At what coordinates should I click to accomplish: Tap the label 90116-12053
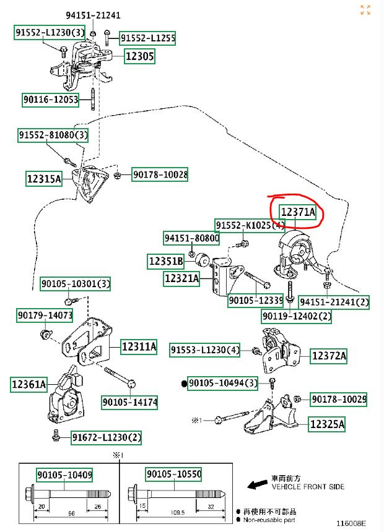pos(51,100)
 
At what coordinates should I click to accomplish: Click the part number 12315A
pos(44,179)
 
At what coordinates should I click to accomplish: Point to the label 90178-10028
pos(159,175)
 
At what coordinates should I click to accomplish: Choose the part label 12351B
pos(165,261)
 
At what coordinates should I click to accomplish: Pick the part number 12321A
pos(181,279)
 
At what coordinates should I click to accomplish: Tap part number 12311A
pos(139,346)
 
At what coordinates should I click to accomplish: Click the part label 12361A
pos(28,385)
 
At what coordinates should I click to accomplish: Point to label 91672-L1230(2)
pos(106,437)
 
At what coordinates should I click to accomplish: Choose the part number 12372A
pos(328,356)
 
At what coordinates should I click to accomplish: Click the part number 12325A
pos(327,424)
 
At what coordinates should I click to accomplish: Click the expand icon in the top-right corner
pos(365,10)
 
